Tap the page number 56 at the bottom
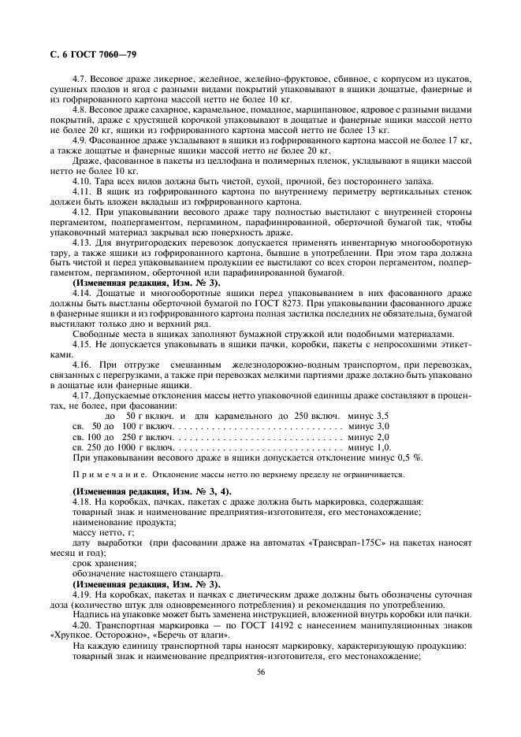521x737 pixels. click(260, 672)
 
